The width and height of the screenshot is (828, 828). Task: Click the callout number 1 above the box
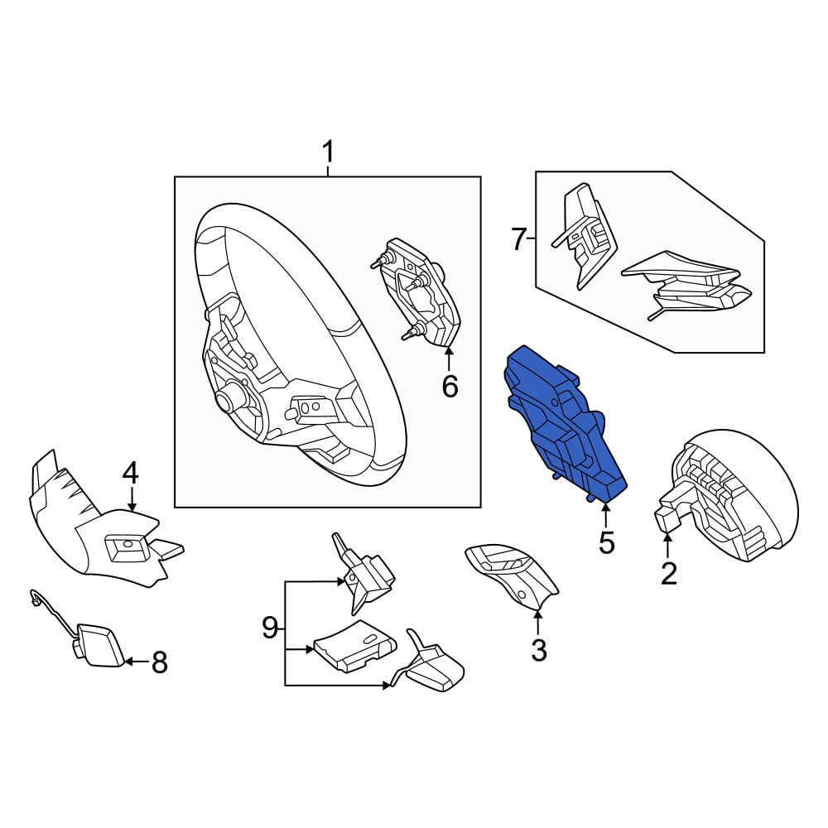[x=328, y=152]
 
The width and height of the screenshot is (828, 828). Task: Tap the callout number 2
[x=668, y=574]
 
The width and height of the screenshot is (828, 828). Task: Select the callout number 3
[x=539, y=650]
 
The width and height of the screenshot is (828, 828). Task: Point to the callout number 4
[x=131, y=473]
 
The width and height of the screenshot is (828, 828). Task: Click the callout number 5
[x=607, y=543]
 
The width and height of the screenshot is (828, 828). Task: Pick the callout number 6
[x=450, y=387]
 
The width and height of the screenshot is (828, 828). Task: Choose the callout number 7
[x=519, y=239]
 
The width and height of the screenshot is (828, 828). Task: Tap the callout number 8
[x=160, y=662]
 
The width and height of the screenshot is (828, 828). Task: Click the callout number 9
[x=270, y=628]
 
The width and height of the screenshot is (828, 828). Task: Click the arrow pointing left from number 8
[x=136, y=661]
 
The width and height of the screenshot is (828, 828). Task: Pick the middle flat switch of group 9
[x=355, y=646]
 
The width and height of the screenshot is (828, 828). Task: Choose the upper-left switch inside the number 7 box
[x=584, y=235]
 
